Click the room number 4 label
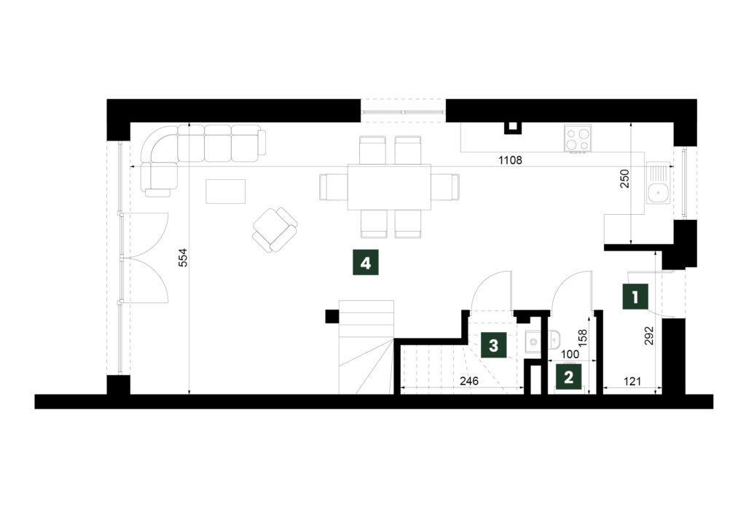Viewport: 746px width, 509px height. tap(365, 262)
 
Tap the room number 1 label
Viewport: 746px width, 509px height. tap(635, 297)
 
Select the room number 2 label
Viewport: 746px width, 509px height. tap(568, 378)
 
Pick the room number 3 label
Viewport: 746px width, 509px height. tap(493, 345)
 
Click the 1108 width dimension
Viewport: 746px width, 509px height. tap(510, 160)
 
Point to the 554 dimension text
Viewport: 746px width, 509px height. tap(184, 257)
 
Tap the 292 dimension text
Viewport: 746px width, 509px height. tap(651, 335)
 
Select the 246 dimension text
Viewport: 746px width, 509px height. tap(468, 381)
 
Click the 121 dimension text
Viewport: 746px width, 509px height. tap(632, 381)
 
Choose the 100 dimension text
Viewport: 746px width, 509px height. tap(570, 355)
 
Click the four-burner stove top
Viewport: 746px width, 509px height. tap(578, 139)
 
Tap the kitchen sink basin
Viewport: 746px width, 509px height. tap(659, 193)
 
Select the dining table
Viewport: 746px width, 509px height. tap(390, 187)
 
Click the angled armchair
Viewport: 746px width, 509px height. tap(275, 230)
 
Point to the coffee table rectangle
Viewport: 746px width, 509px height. tap(226, 192)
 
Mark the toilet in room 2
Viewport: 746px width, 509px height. tap(554, 339)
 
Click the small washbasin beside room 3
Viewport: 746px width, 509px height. tap(533, 341)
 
